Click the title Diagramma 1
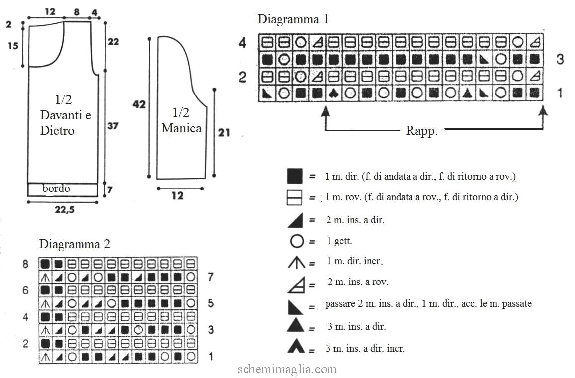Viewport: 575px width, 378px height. point(293,19)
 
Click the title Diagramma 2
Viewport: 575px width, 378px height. point(75,244)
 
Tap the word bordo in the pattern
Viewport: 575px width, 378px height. point(56,189)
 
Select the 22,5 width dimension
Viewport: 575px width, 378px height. point(65,210)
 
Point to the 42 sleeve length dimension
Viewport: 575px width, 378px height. point(139,104)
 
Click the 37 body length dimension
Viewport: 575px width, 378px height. point(113,126)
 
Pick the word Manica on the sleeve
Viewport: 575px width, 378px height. point(181,128)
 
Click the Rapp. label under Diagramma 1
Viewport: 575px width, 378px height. point(422,131)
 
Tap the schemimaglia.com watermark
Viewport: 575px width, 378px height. point(287,369)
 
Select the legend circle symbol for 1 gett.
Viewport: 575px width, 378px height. point(297,241)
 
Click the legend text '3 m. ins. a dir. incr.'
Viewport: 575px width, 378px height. point(365,348)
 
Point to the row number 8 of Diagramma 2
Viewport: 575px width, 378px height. point(25,264)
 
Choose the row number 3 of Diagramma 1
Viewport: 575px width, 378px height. point(560,59)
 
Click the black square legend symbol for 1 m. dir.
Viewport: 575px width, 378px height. point(295,176)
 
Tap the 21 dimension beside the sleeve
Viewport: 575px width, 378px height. point(224,132)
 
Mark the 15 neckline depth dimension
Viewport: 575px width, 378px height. point(13,46)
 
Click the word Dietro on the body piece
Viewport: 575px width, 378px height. point(57,131)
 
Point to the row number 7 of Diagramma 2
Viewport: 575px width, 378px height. point(211,277)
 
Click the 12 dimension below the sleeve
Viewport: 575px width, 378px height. point(178,195)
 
